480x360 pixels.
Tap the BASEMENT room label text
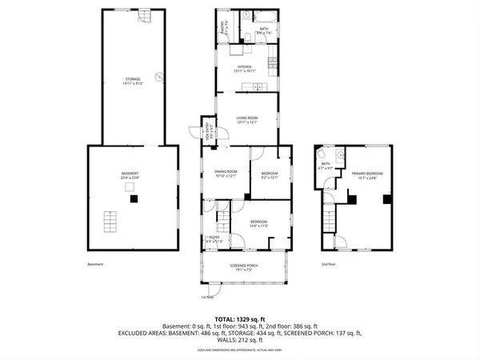tap(130, 176)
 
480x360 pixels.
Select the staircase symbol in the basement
tap(112, 219)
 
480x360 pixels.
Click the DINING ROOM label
tap(225, 174)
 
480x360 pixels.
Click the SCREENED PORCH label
tap(246, 266)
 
